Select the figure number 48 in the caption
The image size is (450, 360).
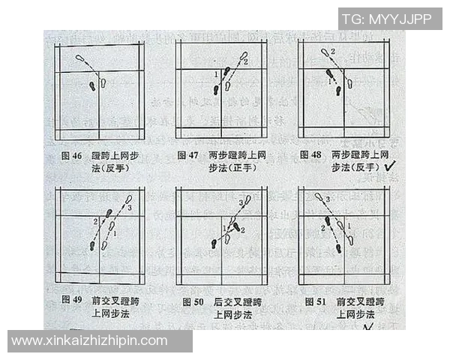(316, 155)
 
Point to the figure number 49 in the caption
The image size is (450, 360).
(76, 301)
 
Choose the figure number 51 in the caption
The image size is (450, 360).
(316, 301)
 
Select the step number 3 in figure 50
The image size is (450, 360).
(240, 203)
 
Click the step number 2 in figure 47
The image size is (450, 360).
(245, 61)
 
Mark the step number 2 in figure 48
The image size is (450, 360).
(333, 51)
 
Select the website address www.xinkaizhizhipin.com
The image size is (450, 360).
(90, 340)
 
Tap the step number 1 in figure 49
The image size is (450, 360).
(115, 234)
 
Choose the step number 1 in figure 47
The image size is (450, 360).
(216, 74)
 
